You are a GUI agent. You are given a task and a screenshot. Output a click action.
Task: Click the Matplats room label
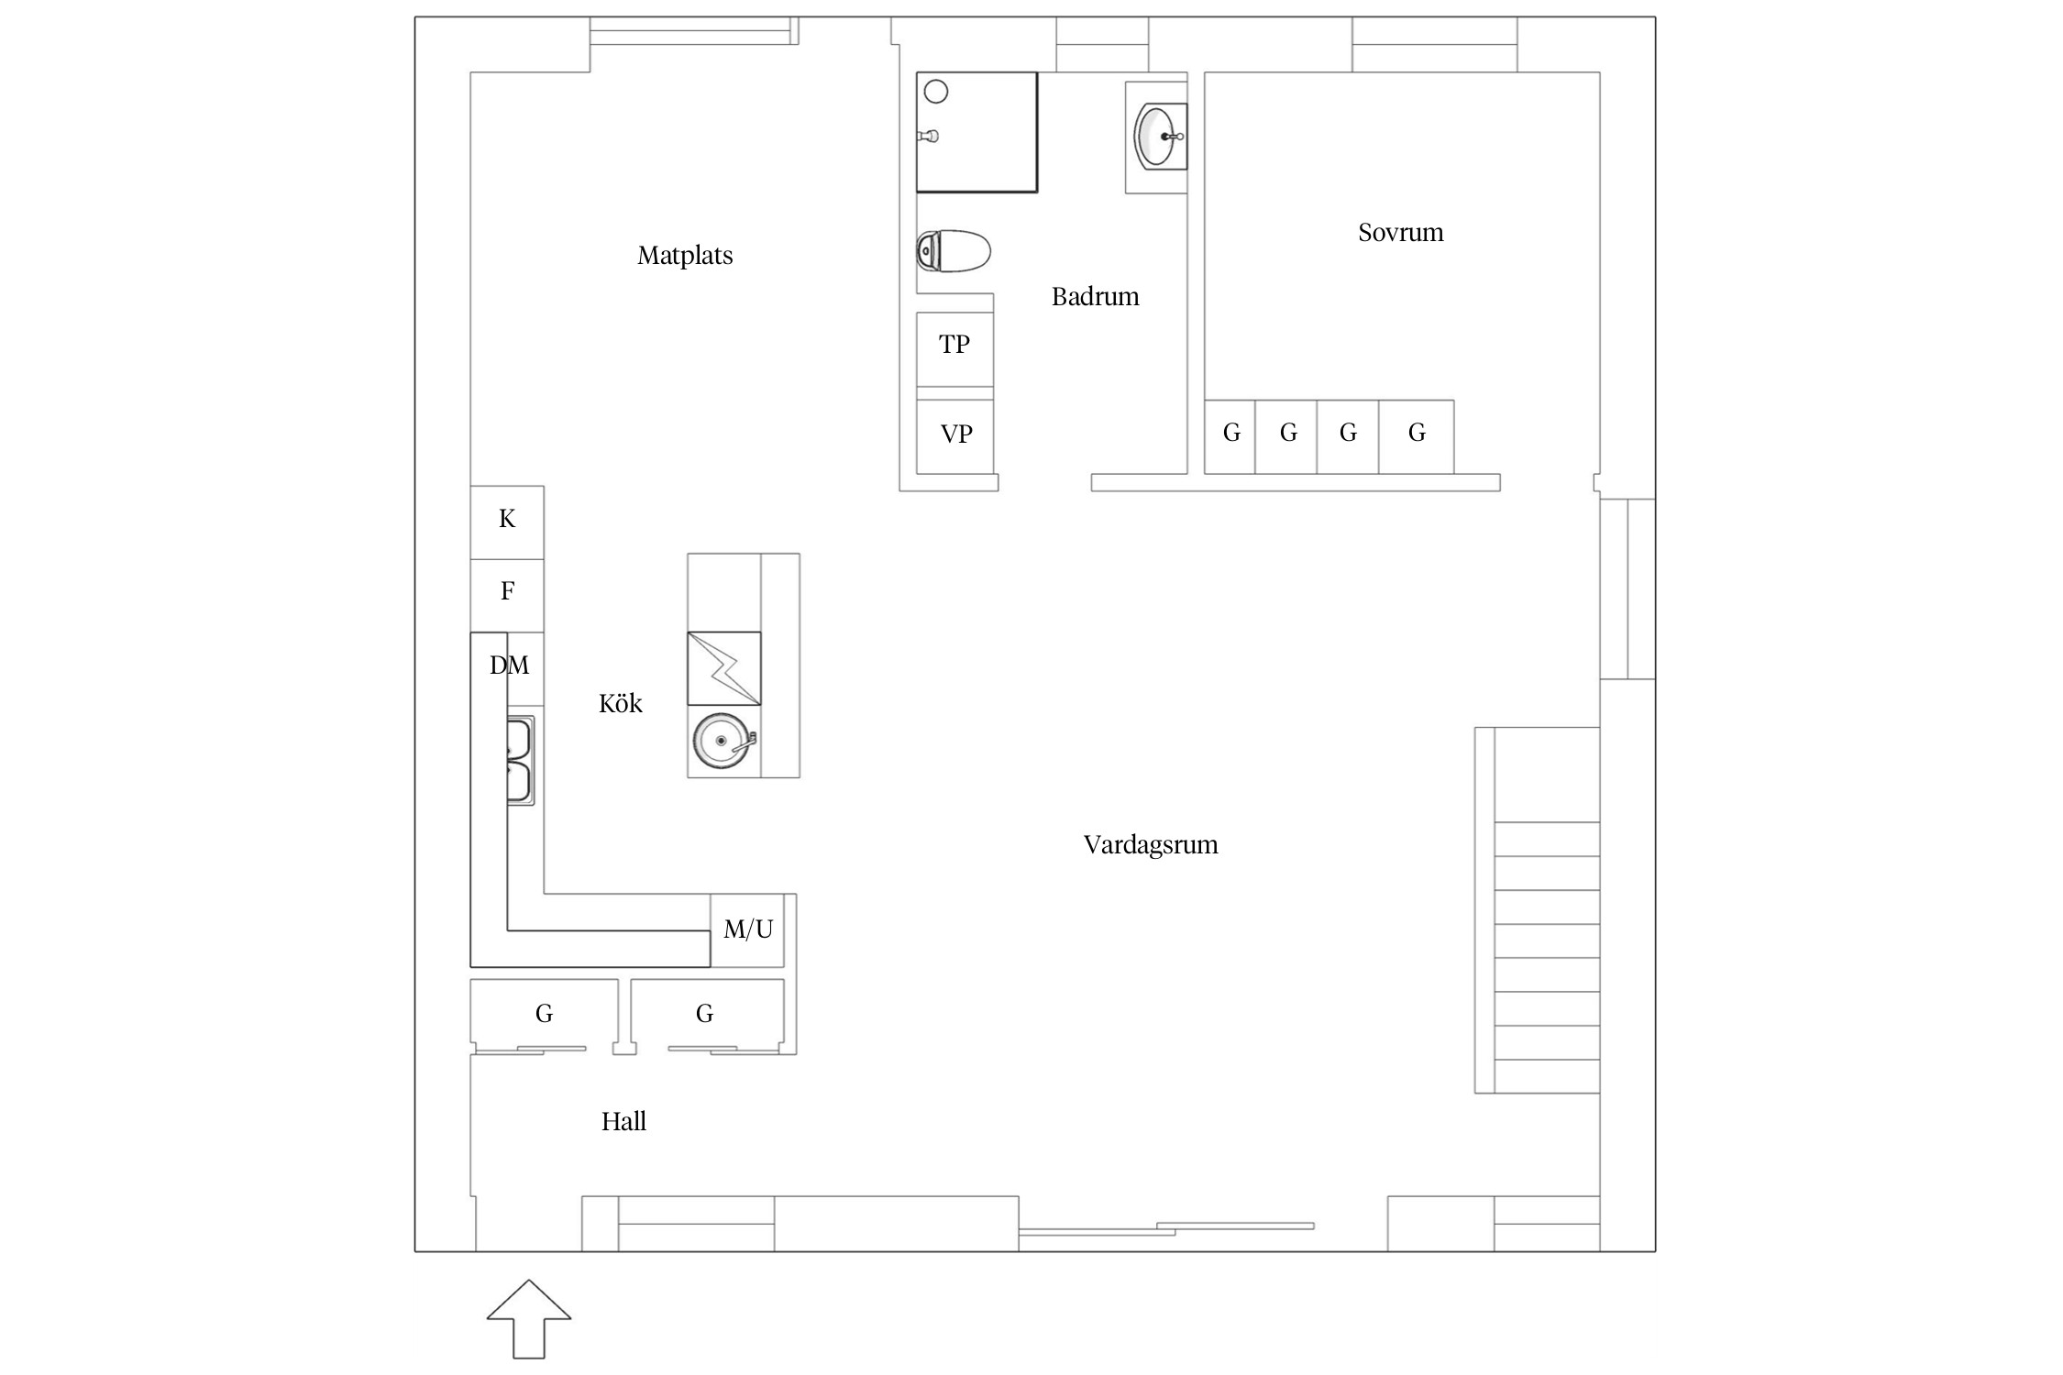[x=685, y=255]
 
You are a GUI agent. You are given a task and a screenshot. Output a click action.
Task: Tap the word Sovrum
[x=1400, y=232]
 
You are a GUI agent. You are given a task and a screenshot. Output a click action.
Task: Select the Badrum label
[x=1095, y=296]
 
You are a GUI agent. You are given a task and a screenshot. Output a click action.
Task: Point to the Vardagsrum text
[x=1151, y=844]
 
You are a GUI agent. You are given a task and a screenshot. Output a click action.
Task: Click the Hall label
[x=623, y=1121]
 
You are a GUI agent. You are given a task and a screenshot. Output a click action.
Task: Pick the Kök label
[x=621, y=703]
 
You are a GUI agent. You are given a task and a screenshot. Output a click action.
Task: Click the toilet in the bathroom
[x=954, y=250]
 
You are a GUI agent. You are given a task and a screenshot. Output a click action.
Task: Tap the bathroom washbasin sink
[x=1157, y=136]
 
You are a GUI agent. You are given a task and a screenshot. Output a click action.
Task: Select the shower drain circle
[x=935, y=92]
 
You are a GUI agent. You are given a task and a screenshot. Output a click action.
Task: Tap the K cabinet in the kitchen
[x=507, y=521]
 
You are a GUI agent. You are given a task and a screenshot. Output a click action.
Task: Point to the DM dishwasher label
[x=509, y=665]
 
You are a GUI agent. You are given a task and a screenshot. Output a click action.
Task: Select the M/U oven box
[x=747, y=929]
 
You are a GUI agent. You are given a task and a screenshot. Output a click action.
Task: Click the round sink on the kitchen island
[x=722, y=741]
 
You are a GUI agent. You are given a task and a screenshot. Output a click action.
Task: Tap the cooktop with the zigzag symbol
[x=723, y=668]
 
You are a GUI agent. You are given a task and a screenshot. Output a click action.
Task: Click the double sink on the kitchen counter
[x=519, y=761]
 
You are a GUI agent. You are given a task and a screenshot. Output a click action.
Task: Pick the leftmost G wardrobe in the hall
[x=544, y=1014]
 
